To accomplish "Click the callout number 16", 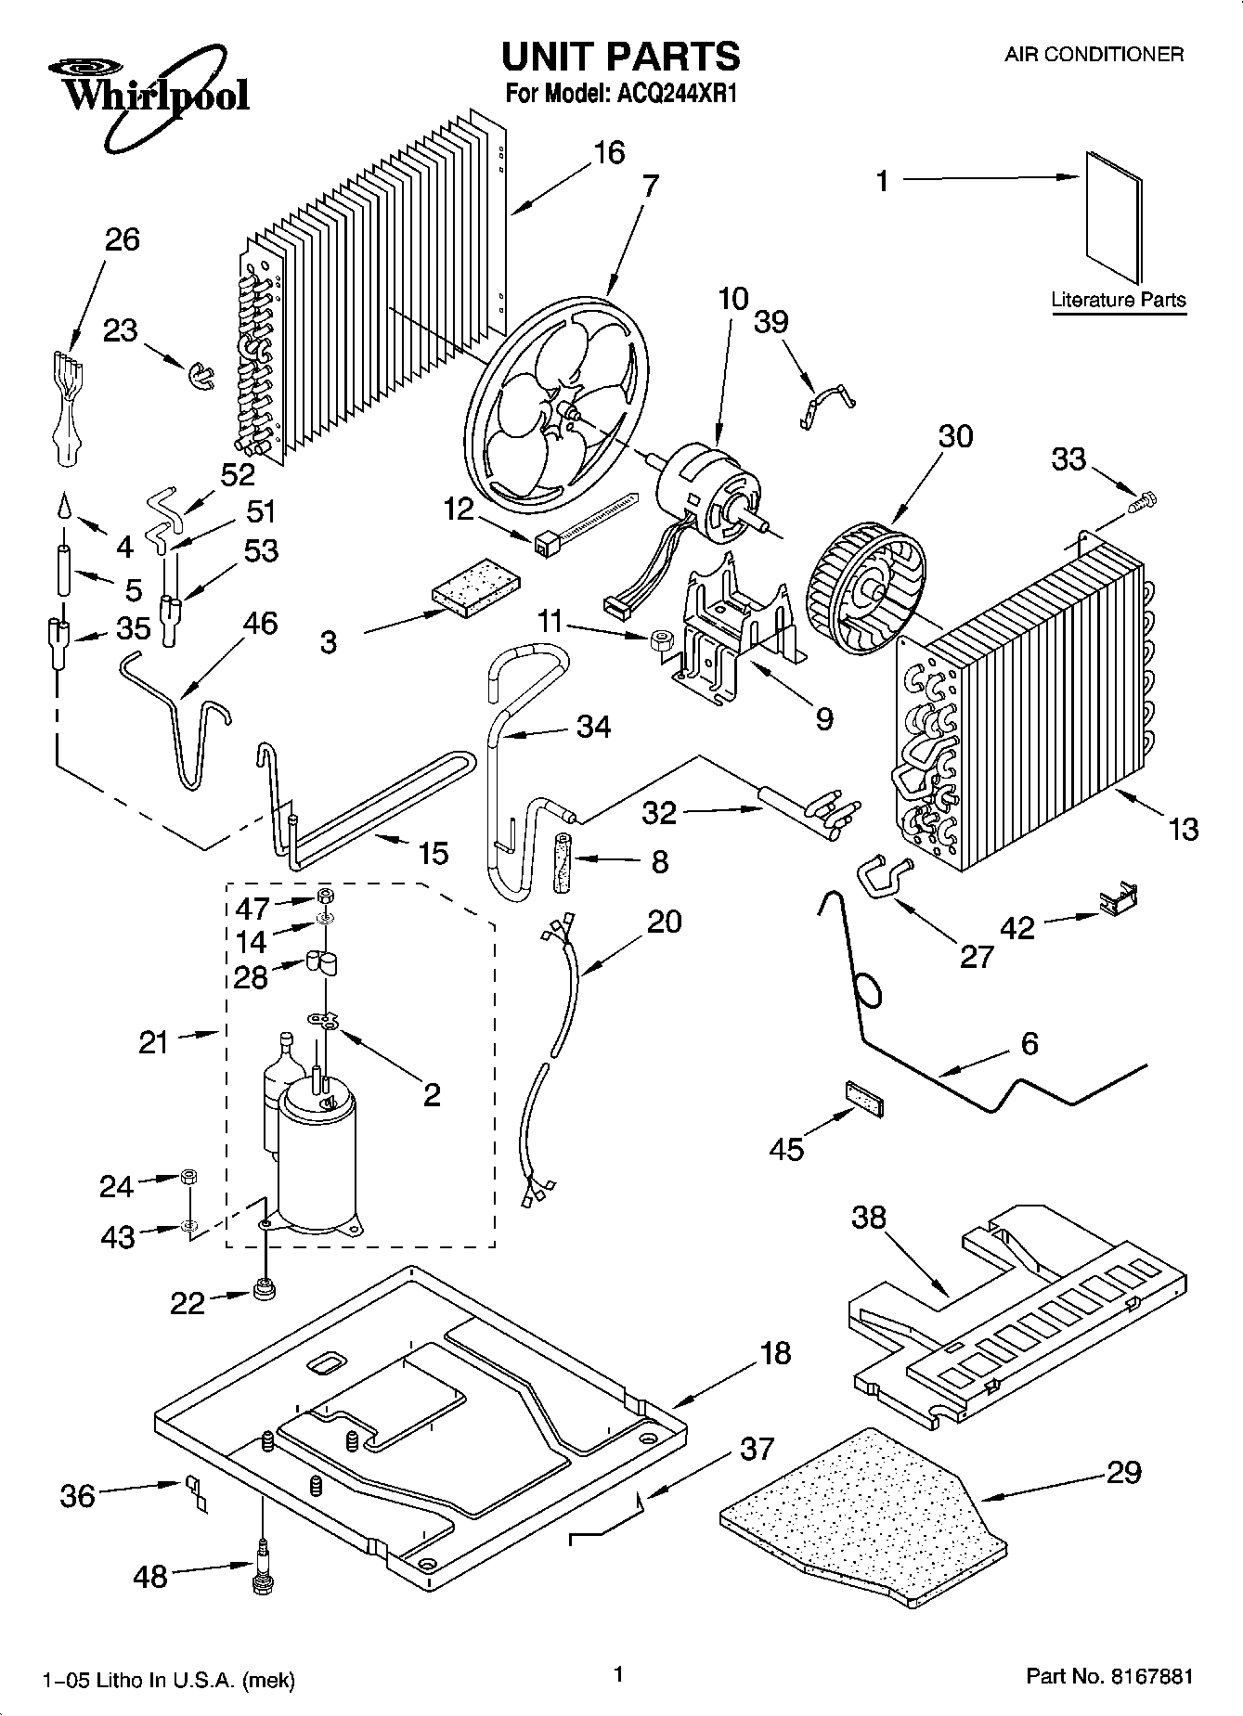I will coord(609,152).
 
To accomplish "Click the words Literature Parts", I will coord(1118,300).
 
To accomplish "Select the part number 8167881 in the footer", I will coord(1146,1676).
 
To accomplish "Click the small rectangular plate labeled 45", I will coord(863,1097).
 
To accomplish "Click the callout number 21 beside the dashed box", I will coord(154,1042).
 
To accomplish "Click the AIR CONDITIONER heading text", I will coord(1094,54).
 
